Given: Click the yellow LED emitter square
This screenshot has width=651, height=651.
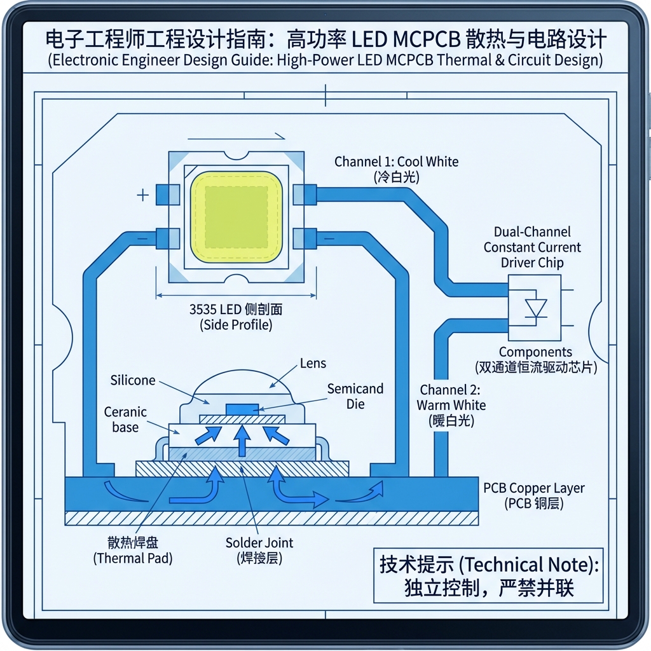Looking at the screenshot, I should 235,217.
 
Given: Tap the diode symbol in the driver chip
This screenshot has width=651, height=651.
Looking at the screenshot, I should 535,308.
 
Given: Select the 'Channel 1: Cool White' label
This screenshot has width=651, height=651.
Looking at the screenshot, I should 396,161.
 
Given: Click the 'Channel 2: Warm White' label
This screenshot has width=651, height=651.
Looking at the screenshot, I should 451,397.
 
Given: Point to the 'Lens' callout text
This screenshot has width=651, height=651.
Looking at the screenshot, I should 313,364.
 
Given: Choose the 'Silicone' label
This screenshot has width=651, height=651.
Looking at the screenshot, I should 132,380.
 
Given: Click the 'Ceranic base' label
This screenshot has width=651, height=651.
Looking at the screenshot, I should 125,420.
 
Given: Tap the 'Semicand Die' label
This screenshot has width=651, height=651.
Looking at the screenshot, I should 355,395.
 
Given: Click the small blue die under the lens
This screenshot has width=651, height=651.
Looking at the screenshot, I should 242,408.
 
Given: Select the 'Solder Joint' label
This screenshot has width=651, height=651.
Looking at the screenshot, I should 259,543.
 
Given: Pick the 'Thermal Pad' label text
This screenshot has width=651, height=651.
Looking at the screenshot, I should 132,551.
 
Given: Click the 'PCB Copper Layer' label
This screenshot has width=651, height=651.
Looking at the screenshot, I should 533,489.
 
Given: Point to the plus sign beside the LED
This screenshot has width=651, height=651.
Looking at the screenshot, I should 143,195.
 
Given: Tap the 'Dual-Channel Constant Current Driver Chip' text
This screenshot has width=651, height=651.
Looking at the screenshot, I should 532,247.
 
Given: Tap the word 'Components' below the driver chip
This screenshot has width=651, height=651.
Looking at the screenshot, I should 535,352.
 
